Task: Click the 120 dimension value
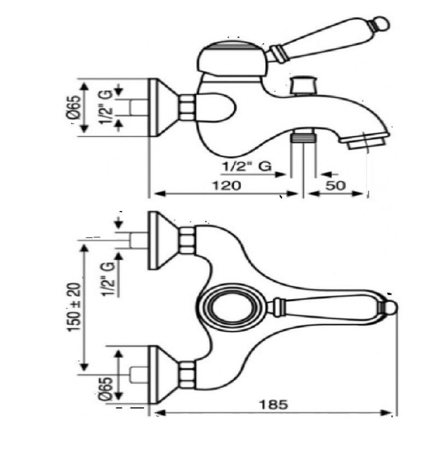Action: (x=227, y=186)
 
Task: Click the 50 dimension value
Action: (x=335, y=186)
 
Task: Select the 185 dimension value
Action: (x=273, y=405)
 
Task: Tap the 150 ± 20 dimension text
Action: (x=74, y=307)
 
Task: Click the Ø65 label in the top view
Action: (x=105, y=388)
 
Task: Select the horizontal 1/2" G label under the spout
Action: (x=247, y=166)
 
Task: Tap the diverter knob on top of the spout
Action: (x=303, y=85)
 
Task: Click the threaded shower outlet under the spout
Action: (x=303, y=136)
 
